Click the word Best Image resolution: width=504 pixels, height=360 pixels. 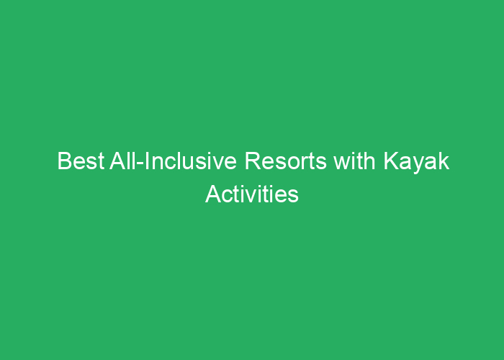click(81, 161)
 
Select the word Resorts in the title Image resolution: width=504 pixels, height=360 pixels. click(286, 161)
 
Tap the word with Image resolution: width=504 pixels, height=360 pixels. click(354, 161)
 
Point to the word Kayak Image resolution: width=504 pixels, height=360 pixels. click(416, 162)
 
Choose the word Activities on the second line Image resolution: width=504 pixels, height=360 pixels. click(252, 194)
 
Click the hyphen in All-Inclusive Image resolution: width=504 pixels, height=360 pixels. click(140, 163)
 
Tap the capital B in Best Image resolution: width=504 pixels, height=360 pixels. click(64, 161)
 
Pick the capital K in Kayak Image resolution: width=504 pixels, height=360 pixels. click(391, 161)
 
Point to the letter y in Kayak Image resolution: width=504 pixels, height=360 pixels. click(418, 165)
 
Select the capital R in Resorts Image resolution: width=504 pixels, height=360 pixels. click(253, 161)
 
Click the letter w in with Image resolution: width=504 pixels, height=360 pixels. click(342, 163)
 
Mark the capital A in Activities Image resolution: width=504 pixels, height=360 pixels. click(213, 194)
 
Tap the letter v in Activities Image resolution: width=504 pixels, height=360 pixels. click(251, 197)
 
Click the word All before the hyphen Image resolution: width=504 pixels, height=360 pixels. click(123, 161)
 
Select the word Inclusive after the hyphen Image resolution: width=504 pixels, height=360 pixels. click(191, 161)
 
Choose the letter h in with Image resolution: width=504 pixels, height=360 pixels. click(370, 161)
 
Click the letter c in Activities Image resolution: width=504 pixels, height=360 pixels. click(227, 197)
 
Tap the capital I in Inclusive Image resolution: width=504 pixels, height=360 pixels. click(147, 161)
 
